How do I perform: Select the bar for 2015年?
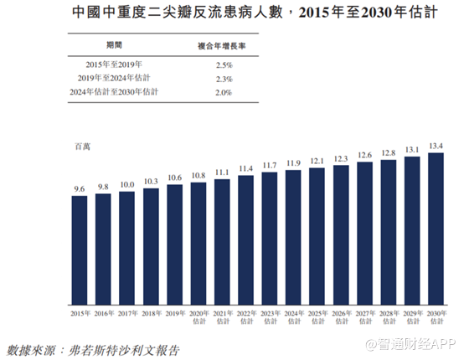coord(80,250)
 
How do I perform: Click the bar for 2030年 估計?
coord(436,229)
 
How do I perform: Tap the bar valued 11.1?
coord(222,242)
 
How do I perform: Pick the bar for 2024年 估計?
coord(293,238)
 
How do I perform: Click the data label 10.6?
coord(174,177)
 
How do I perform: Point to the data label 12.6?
coord(364,155)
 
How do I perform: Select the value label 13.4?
coord(436,147)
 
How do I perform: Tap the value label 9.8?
coord(103,187)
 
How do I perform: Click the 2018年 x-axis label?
coord(152,314)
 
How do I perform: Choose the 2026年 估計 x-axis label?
coord(342,317)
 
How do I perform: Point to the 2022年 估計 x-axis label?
coord(246,317)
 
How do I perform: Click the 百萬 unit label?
coord(83,147)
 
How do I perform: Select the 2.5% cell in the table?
coord(224,65)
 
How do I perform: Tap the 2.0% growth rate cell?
coord(224,93)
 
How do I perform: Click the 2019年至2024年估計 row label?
coord(114,78)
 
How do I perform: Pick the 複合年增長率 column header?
coord(222,46)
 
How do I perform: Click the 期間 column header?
coord(114,45)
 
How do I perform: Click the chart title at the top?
coord(255,13)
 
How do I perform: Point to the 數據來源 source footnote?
coord(93,350)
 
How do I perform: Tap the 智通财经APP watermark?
coord(410,345)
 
